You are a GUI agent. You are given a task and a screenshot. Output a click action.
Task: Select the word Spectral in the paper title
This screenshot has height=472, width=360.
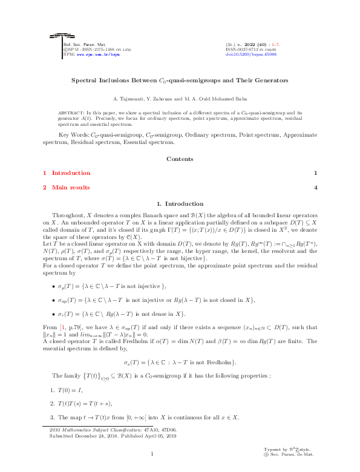[85, 80]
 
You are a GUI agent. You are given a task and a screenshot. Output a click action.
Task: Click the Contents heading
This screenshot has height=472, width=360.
[180, 159]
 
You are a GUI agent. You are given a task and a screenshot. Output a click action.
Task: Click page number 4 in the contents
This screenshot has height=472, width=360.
[315, 188]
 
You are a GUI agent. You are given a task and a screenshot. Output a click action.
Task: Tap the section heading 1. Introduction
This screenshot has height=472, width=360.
[180, 204]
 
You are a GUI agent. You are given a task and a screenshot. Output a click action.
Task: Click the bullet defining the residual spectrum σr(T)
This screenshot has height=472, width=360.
[121, 313]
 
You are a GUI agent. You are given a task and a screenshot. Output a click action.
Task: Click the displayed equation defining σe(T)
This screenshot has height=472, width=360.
[180, 362]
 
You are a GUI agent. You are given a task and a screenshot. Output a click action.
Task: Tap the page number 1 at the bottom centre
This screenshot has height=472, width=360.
[153, 454]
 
